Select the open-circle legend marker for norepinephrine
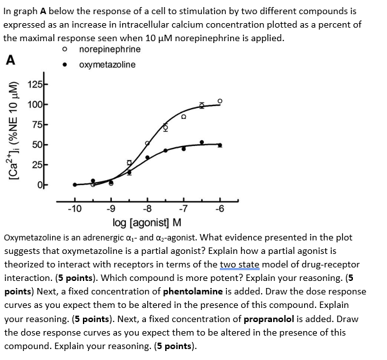click(x=64, y=50)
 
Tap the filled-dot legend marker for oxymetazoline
click(x=64, y=65)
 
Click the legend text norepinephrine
click(x=109, y=50)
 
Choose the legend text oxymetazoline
click(x=107, y=65)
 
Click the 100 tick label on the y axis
click(x=37, y=105)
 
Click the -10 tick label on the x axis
click(x=75, y=208)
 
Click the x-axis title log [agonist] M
click(x=147, y=222)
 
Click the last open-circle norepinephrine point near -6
click(x=220, y=102)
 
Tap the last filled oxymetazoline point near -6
click(x=220, y=145)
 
